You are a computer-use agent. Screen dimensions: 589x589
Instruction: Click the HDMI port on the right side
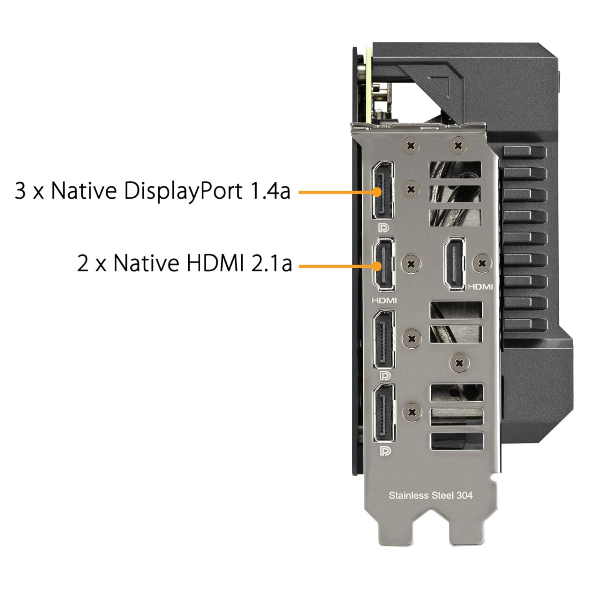pyautogui.click(x=454, y=263)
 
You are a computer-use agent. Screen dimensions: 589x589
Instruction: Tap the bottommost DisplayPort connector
pyautogui.click(x=384, y=413)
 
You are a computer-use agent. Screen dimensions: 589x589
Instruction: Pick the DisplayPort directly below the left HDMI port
pyautogui.click(x=384, y=340)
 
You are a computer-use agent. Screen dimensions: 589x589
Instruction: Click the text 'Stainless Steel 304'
pyautogui.click(x=430, y=496)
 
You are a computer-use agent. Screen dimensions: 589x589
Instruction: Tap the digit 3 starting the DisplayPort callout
pyautogui.click(x=20, y=190)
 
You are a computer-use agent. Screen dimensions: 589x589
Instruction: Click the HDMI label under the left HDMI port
pyautogui.click(x=384, y=300)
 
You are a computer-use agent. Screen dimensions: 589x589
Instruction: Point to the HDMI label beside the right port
pyautogui.click(x=480, y=287)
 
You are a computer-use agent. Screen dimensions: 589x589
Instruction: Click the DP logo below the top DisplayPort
pyautogui.click(x=383, y=228)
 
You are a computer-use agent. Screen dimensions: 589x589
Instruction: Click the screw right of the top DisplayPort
pyautogui.click(x=411, y=189)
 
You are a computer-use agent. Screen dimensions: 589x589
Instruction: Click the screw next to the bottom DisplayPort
pyautogui.click(x=412, y=412)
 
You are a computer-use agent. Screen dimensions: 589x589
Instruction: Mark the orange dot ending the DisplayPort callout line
pyautogui.click(x=377, y=192)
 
